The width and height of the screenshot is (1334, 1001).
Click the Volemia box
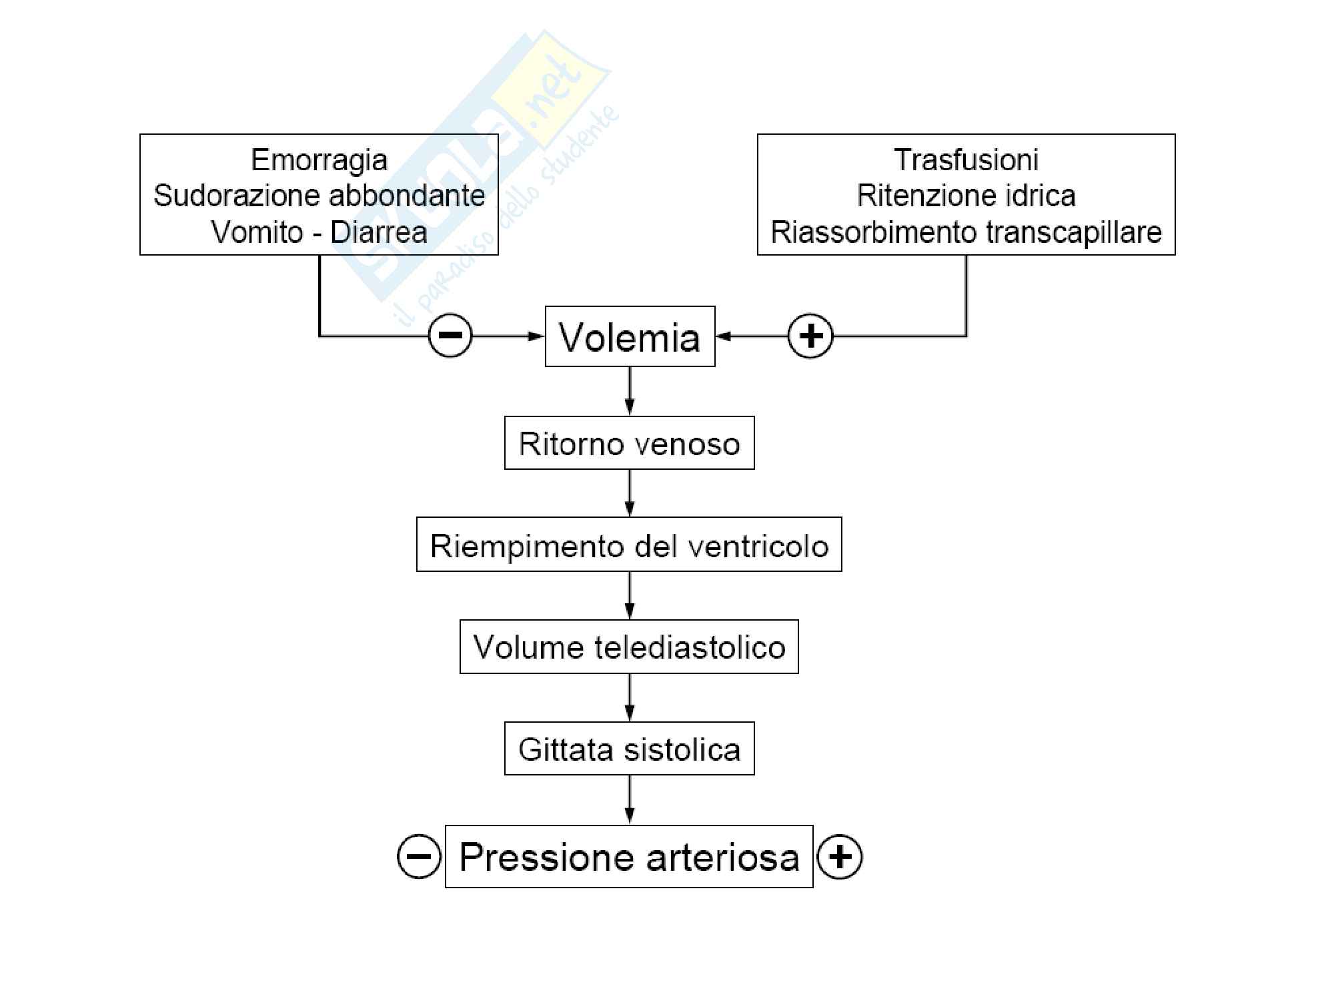tap(630, 337)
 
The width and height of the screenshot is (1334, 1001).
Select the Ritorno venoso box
tap(629, 444)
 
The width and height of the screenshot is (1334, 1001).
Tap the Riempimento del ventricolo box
tap(629, 545)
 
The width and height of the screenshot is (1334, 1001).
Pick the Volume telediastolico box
tap(629, 647)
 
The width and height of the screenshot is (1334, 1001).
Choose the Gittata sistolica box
tap(629, 749)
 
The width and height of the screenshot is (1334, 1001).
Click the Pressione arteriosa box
tap(629, 858)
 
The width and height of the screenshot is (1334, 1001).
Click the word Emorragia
tap(319, 160)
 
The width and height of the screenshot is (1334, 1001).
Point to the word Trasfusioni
tap(966, 160)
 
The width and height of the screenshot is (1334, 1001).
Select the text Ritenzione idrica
tap(966, 196)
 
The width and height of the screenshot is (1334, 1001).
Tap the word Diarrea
tap(379, 232)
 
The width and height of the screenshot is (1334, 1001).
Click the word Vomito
tap(257, 232)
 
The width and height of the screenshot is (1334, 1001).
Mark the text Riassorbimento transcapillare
tap(966, 232)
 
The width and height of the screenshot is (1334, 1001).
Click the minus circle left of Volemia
tap(450, 335)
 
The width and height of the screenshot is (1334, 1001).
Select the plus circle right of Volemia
tap(810, 336)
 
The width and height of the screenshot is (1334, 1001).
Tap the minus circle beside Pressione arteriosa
tap(419, 856)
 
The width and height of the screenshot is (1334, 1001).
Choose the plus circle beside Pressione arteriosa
tap(840, 856)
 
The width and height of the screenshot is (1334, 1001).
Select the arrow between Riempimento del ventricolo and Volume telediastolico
tap(629, 595)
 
